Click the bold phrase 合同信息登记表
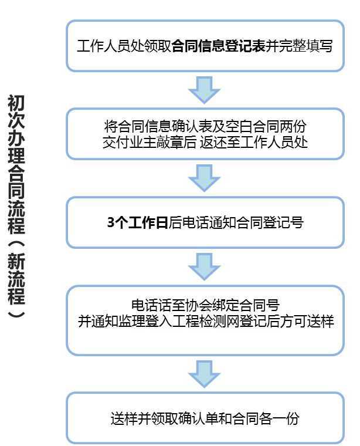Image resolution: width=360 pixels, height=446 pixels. [218, 46]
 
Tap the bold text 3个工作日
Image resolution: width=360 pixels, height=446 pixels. [137, 222]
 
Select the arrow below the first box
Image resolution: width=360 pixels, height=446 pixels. [204, 90]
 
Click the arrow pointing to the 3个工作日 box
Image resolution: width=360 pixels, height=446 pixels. [204, 178]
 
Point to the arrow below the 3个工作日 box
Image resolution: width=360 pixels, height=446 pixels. [204, 267]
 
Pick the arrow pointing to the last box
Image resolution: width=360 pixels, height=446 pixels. [204, 374]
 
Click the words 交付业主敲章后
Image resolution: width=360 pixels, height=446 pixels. [149, 142]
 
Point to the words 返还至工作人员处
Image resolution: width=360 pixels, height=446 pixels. [254, 142]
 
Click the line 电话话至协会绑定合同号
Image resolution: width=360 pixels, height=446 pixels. [205, 305]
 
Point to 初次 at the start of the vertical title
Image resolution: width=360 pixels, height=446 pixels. [16, 112]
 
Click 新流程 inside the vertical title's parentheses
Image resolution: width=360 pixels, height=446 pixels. [16, 279]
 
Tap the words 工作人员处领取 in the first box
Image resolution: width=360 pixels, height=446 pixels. [124, 46]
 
